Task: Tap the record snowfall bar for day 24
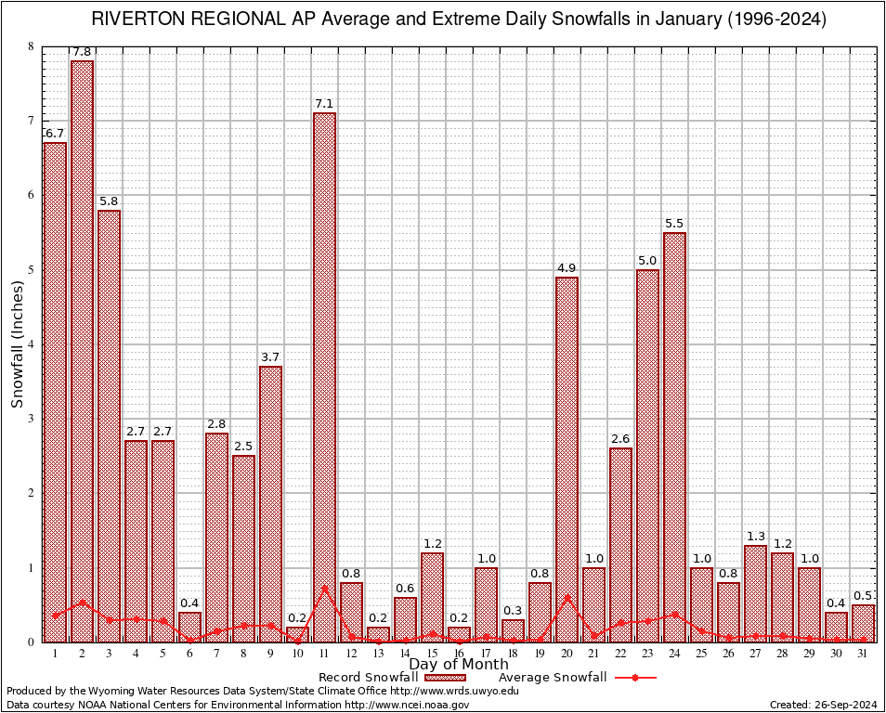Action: coord(675,436)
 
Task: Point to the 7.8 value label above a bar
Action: coord(82,52)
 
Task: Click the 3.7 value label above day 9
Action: coord(270,357)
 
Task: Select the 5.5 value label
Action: coord(675,224)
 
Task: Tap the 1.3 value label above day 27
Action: coord(756,537)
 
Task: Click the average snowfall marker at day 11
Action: coord(324,588)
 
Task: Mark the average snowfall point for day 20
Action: coord(567,597)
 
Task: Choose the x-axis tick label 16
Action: coord(459,654)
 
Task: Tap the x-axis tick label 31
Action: coord(864,654)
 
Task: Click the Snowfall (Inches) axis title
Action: coord(18,344)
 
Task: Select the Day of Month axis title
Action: coord(459,665)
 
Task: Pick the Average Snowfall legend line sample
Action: coord(633,678)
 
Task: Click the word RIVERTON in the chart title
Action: coord(134,19)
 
